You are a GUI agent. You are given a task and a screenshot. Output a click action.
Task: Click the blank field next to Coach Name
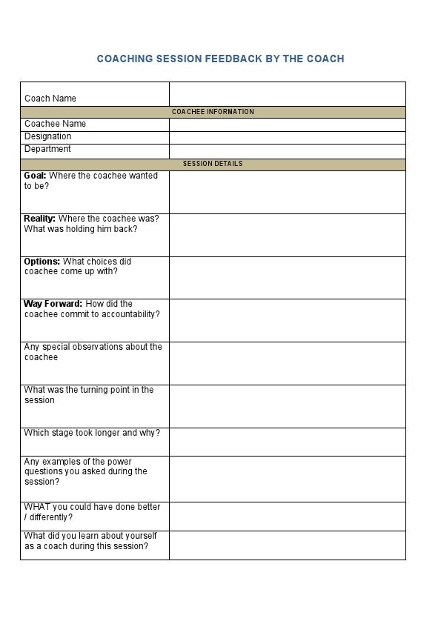point(287,94)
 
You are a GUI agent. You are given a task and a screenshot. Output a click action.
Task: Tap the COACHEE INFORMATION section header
point(213,112)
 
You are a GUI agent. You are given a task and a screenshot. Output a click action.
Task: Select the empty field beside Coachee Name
point(287,125)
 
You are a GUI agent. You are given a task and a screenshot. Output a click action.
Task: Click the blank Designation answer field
point(287,137)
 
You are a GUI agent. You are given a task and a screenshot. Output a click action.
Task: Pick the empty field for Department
point(287,150)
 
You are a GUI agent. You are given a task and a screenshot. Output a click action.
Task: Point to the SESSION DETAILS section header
point(213,164)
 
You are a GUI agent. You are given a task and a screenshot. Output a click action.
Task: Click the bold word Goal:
point(35,176)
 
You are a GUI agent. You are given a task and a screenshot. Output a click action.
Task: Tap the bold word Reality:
point(39,219)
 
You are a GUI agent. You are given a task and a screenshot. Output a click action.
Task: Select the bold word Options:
point(42,262)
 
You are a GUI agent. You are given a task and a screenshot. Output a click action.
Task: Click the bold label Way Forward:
point(53,304)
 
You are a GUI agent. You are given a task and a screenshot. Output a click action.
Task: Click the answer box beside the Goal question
point(287,193)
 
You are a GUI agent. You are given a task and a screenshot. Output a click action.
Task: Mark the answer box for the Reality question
point(287,235)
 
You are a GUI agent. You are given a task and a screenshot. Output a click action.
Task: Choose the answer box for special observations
point(287,363)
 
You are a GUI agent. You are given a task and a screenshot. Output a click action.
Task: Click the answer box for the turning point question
point(287,406)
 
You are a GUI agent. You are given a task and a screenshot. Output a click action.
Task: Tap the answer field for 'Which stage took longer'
point(287,442)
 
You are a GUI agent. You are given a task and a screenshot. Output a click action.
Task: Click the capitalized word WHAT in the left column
point(37,507)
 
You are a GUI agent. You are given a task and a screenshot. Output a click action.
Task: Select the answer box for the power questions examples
point(287,479)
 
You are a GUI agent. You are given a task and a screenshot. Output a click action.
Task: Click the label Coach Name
point(50,99)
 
